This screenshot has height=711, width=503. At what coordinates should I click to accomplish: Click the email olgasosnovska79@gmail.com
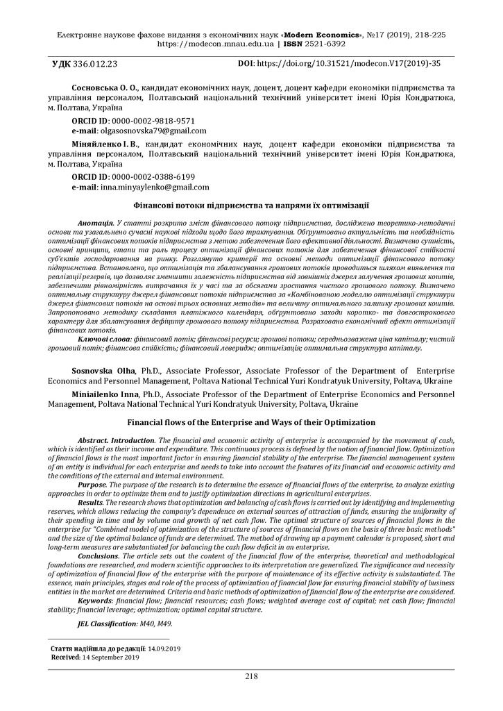pyautogui.click(x=153, y=131)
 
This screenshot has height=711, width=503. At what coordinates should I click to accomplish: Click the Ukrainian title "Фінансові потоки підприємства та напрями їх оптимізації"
pyautogui.click(x=251, y=206)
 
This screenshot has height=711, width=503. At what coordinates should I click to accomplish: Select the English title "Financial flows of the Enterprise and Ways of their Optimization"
pyautogui.click(x=251, y=422)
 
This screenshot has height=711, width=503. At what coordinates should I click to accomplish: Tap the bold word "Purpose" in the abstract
pyautogui.click(x=92, y=485)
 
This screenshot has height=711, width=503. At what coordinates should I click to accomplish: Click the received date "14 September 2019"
pyautogui.click(x=110, y=656)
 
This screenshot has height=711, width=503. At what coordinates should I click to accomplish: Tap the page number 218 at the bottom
pyautogui.click(x=251, y=676)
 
